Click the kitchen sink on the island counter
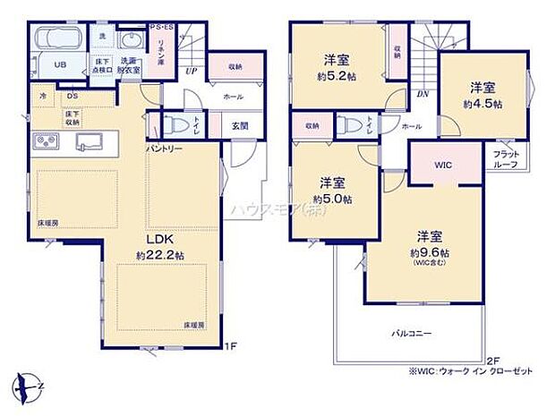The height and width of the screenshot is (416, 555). click(x=90, y=140)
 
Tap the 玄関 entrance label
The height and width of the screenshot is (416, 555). click(x=240, y=126)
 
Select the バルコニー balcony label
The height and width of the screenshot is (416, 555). click(x=411, y=333)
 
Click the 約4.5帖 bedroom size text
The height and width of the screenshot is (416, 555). click(x=484, y=104)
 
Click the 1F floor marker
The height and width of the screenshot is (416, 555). click(x=230, y=345)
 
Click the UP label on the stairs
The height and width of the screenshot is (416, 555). click(x=191, y=70)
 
